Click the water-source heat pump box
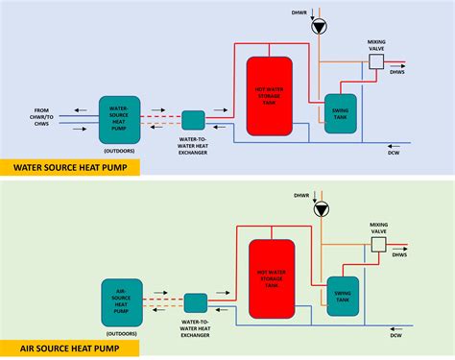[119, 120]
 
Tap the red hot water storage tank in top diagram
[270, 94]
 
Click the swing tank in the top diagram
[340, 112]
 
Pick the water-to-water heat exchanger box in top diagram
[192, 120]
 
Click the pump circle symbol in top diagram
[319, 28]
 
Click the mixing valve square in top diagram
[377, 60]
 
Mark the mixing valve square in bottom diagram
[378, 245]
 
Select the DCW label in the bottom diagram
[396, 335]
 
